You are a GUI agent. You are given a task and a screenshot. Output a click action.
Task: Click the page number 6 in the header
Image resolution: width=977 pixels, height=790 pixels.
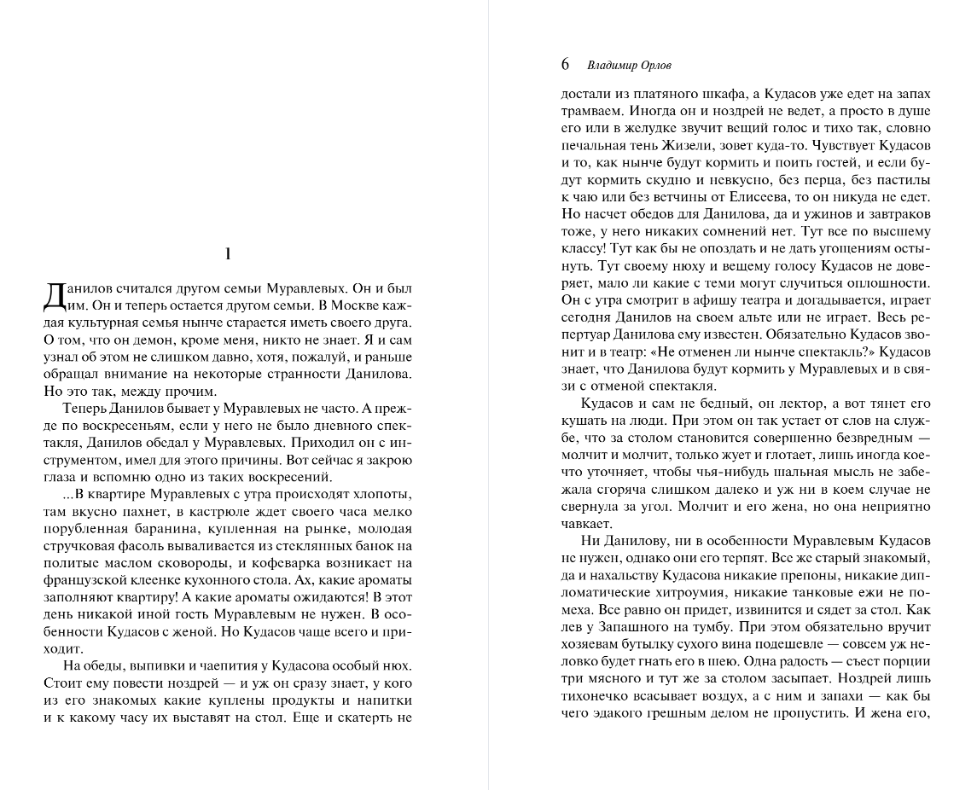pos(565,65)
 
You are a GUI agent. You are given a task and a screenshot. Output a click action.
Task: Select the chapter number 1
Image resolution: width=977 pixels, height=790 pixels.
pos(228,253)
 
